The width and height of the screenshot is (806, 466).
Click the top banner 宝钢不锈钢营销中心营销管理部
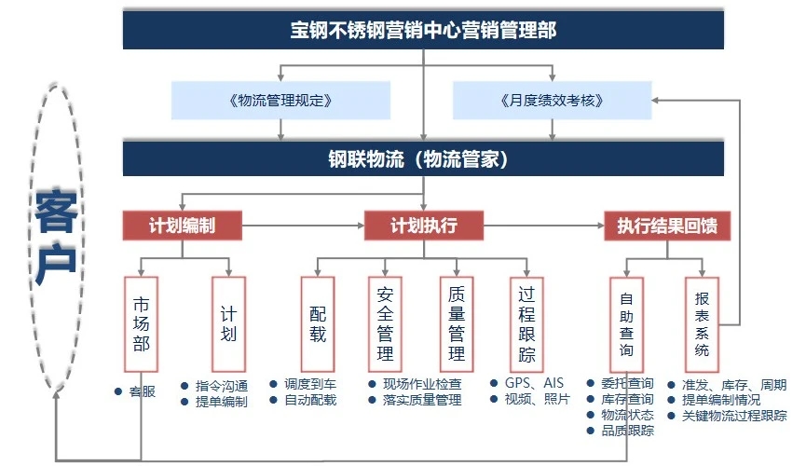(423, 30)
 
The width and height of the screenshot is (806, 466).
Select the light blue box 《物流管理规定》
(280, 101)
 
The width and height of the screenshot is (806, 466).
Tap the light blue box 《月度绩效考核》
(552, 101)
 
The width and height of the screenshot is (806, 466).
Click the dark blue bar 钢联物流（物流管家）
(423, 159)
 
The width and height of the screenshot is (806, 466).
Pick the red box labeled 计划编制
(182, 226)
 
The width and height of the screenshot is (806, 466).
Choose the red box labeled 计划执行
(424, 226)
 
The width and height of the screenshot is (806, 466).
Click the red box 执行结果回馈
(667, 226)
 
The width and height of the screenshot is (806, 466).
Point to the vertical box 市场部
(141, 324)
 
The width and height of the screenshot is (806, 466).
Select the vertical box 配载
(318, 324)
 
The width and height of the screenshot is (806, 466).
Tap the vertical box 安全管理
(385, 324)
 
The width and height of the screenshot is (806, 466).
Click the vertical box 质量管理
(457, 324)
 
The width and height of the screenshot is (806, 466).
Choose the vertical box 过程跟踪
(526, 324)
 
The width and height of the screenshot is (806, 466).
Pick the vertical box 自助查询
(626, 324)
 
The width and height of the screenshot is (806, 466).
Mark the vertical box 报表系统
(702, 324)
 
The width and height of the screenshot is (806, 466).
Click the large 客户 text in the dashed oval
(56, 237)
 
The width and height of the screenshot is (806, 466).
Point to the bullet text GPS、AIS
(534, 383)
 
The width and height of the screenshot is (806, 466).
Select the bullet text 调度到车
(310, 384)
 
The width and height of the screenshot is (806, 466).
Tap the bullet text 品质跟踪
(628, 431)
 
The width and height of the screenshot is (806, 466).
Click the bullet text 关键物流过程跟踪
(734, 416)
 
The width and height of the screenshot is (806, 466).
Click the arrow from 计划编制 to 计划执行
(303, 226)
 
